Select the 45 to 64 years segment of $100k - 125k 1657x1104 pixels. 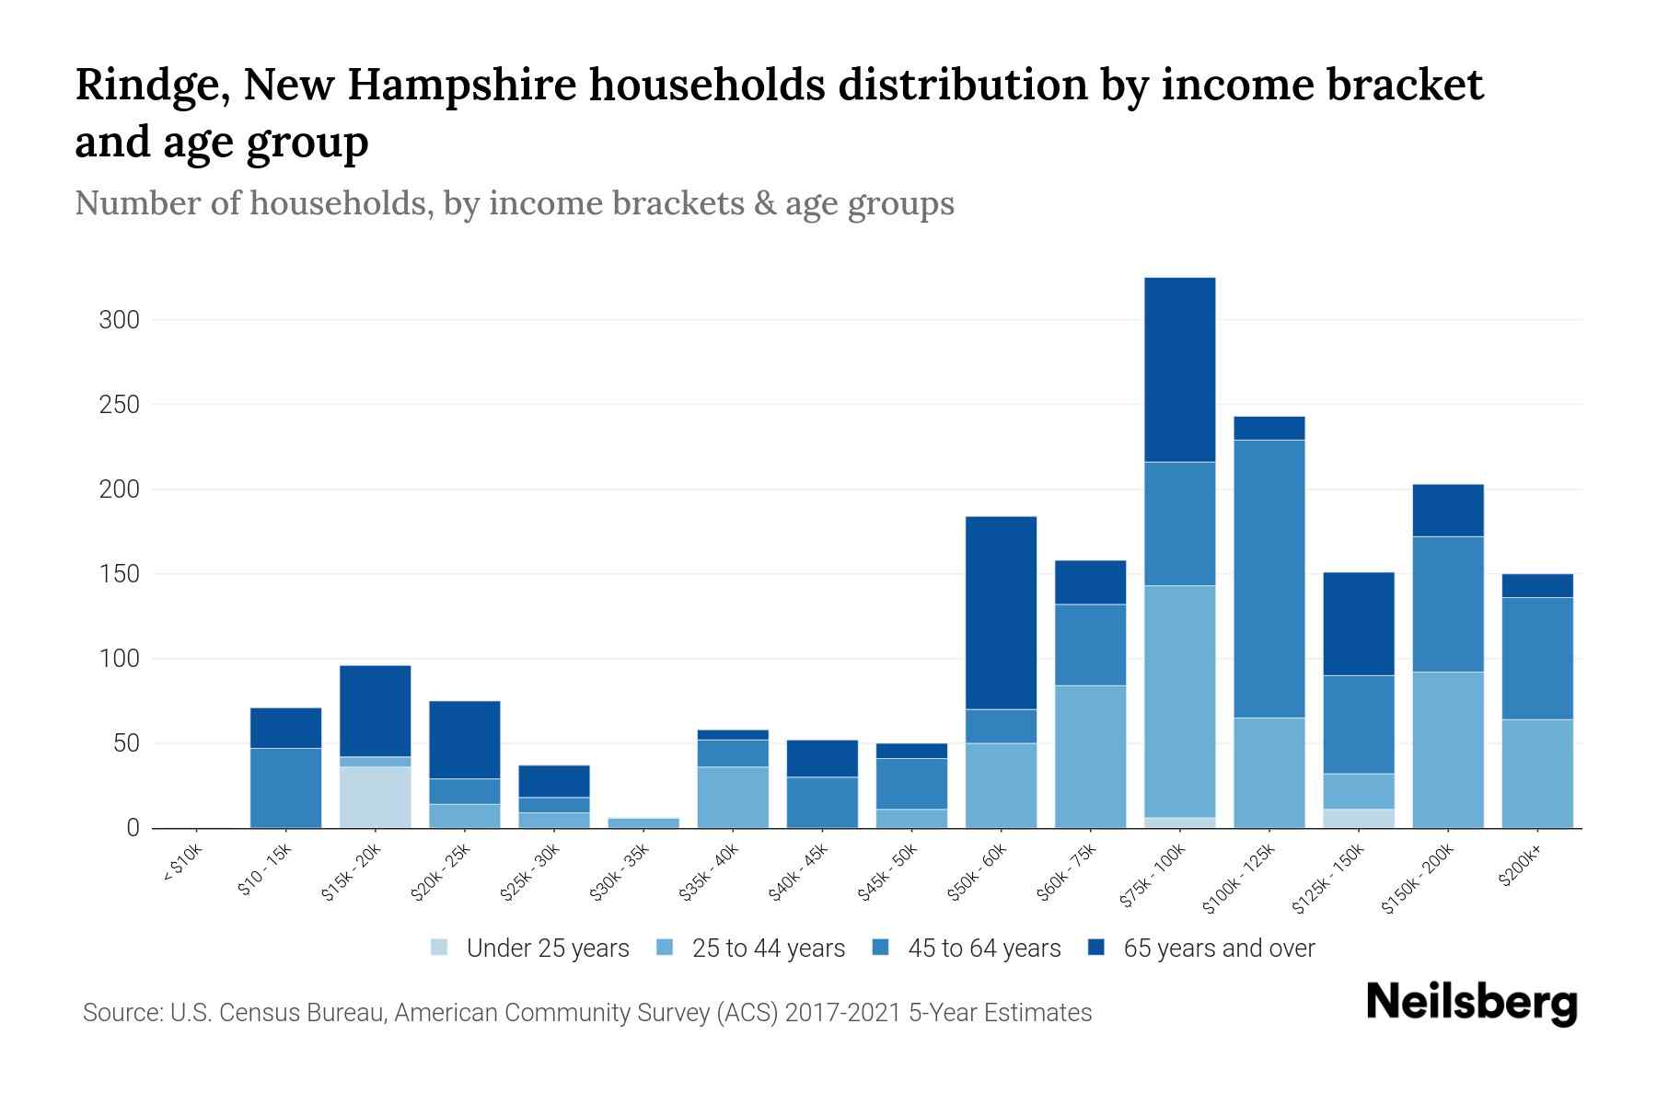pyautogui.click(x=1269, y=579)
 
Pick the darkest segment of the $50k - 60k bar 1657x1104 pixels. pyautogui.click(x=1001, y=613)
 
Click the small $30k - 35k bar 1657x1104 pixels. pyautogui.click(x=643, y=822)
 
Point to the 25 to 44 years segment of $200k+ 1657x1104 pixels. pyautogui.click(x=1537, y=774)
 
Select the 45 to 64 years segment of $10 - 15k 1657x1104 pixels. pyautogui.click(x=285, y=788)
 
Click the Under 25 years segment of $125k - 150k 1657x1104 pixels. pyautogui.click(x=1359, y=818)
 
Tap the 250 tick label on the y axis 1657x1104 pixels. pyautogui.click(x=120, y=405)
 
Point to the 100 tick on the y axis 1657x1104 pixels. pyautogui.click(x=120, y=659)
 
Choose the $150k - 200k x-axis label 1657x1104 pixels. pyautogui.click(x=1419, y=880)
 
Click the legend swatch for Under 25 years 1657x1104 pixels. pyautogui.click(x=440, y=948)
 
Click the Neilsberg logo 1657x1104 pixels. pyautogui.click(x=1471, y=1003)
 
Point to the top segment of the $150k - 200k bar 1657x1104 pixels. pyautogui.click(x=1448, y=511)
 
